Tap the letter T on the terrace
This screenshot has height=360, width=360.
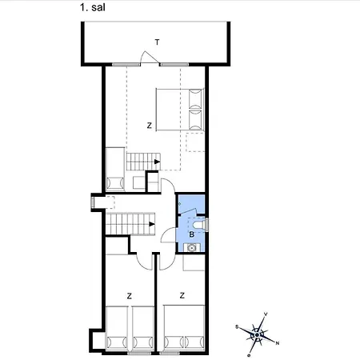tap(157, 42)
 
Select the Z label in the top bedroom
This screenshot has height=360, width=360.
tap(149, 126)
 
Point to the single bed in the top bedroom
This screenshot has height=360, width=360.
tap(114, 167)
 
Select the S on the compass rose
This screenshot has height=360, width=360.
tap(238, 326)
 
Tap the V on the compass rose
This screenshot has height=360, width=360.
tap(265, 314)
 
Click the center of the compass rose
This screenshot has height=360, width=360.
tap(257, 330)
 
